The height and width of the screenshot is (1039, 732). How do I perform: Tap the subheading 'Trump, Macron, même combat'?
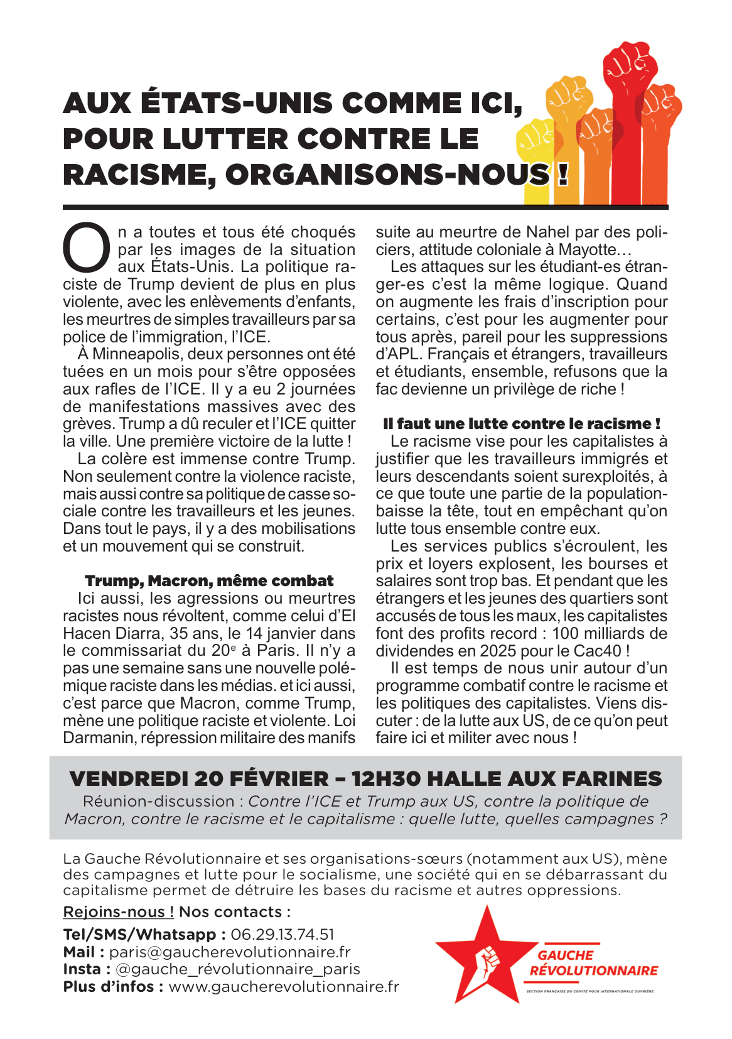click(x=209, y=581)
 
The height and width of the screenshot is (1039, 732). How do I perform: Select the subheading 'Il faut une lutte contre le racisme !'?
click(x=522, y=424)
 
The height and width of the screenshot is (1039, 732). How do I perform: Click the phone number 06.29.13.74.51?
click(x=283, y=934)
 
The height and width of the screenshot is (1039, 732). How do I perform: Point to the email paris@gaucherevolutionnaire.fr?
click(x=230, y=952)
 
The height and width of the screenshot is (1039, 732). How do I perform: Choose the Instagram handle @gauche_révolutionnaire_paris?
click(x=238, y=969)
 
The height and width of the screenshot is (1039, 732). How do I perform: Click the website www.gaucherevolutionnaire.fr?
click(x=284, y=987)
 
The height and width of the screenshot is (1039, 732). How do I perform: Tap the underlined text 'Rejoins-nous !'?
click(x=119, y=912)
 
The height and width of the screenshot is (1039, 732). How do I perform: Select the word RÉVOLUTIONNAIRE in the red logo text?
click(x=593, y=971)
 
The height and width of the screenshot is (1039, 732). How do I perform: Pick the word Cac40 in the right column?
click(x=598, y=651)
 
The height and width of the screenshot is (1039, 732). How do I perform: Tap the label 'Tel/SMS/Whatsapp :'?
click(x=145, y=934)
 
